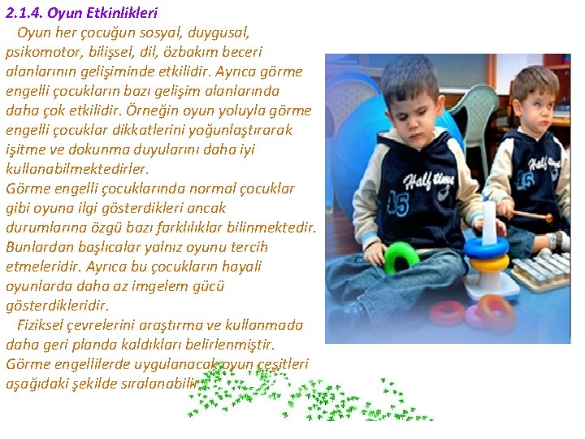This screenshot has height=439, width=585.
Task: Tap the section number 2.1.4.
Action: [x=27, y=13]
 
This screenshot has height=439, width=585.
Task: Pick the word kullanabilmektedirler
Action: [x=77, y=169]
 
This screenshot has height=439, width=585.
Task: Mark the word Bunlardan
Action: [x=38, y=247]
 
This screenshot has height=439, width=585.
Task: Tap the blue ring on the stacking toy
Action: [x=487, y=246]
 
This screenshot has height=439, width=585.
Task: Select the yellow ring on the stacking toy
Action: [x=489, y=261]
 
